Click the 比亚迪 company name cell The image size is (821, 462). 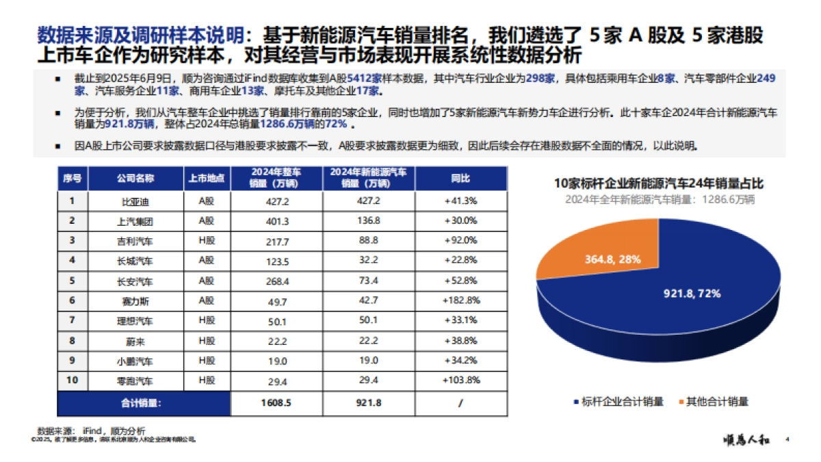135,201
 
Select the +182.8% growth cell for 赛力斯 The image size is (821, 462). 460,300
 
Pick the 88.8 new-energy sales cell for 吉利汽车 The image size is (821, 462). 368,241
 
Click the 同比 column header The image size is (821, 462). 460,178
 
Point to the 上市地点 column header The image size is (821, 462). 207,178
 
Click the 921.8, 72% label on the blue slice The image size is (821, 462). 692,293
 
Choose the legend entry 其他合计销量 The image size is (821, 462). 717,402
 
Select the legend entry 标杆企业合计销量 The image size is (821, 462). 618,402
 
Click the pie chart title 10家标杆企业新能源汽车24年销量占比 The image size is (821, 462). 658,183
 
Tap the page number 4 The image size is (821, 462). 787,439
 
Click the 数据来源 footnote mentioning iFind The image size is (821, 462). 92,431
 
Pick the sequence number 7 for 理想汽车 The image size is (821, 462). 71,320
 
